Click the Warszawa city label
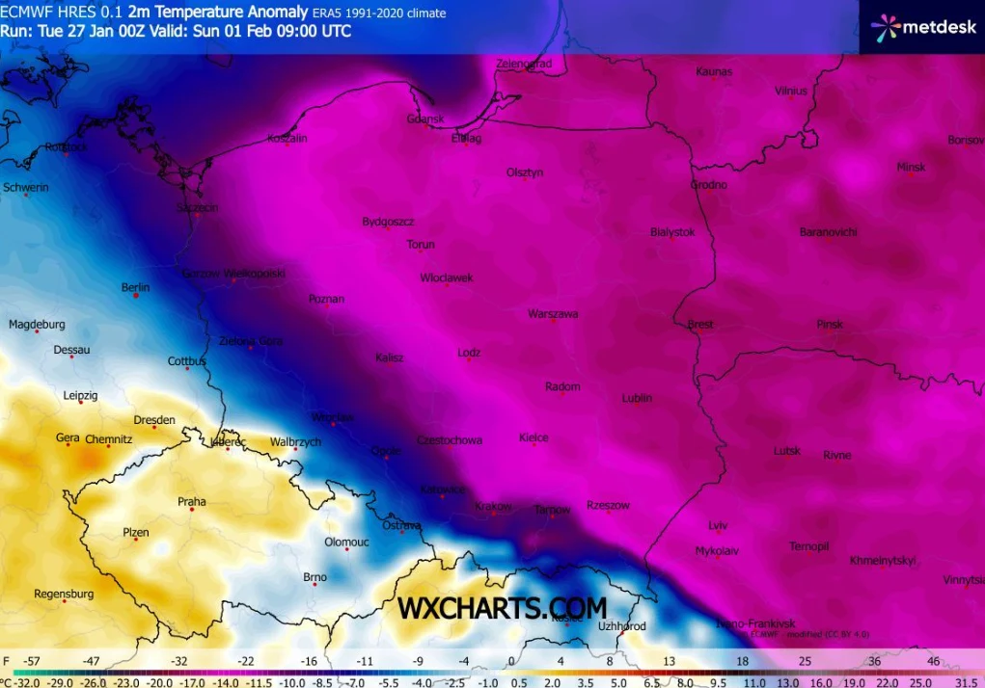point(553,314)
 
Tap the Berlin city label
point(135,287)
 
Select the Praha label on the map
point(191,501)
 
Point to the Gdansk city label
point(425,119)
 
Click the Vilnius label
point(790,91)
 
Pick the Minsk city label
point(911,167)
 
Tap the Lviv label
point(717,525)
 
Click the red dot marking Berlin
point(136,296)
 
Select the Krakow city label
point(493,506)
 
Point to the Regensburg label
point(64,594)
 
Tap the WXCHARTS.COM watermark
point(503,608)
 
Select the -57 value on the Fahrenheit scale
point(32,662)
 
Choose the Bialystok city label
point(672,232)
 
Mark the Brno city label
point(315,577)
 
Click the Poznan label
point(326,299)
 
